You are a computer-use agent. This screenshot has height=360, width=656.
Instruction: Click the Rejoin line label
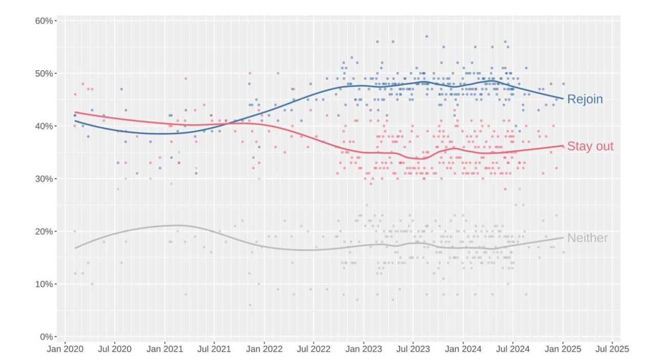pyautogui.click(x=585, y=99)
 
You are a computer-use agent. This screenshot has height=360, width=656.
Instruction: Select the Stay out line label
pyautogui.click(x=590, y=147)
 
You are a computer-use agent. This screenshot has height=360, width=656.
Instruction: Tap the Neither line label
pyautogui.click(x=587, y=238)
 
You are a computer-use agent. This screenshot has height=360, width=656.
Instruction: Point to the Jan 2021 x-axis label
pyautogui.click(x=165, y=349)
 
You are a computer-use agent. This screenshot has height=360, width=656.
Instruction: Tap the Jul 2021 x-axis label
pyautogui.click(x=214, y=349)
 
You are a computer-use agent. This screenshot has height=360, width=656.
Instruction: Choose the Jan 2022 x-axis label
pyautogui.click(x=264, y=349)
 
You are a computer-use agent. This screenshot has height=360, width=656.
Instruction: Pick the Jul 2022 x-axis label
pyautogui.click(x=313, y=349)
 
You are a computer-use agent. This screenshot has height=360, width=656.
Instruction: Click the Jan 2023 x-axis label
pyautogui.click(x=364, y=349)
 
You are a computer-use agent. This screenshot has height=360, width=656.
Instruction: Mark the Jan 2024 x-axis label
pyautogui.click(x=463, y=349)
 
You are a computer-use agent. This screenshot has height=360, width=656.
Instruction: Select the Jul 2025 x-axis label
pyautogui.click(x=612, y=349)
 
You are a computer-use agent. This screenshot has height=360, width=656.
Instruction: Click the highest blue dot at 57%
pyautogui.click(x=426, y=36)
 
